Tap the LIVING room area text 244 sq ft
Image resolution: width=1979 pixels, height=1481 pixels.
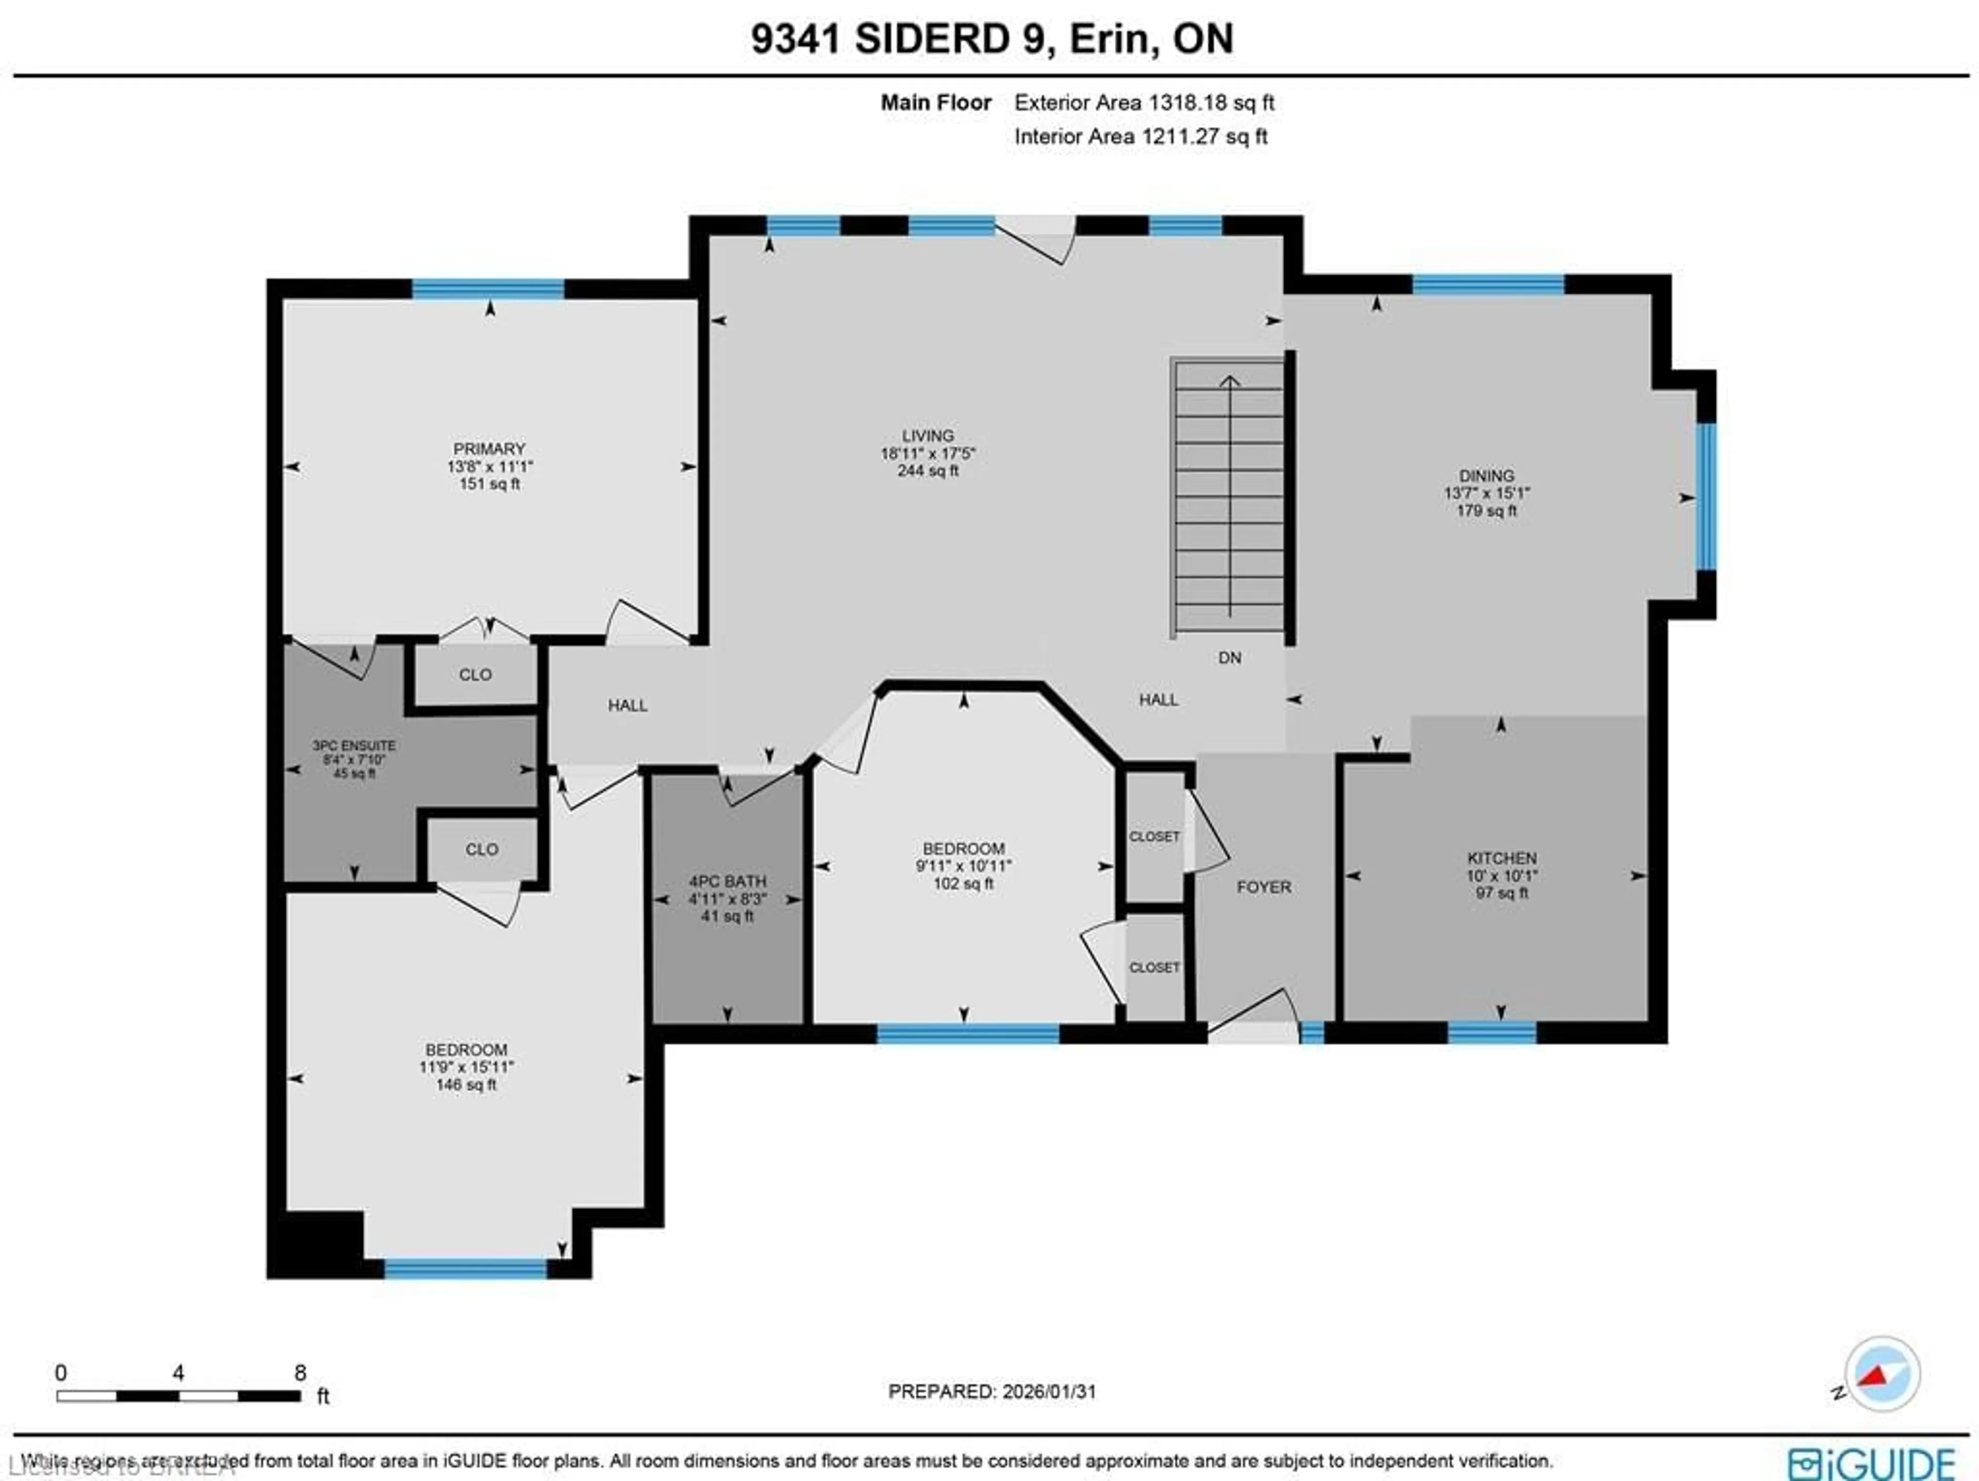pyautogui.click(x=928, y=471)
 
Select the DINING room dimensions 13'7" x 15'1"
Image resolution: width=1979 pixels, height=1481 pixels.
pyautogui.click(x=1486, y=493)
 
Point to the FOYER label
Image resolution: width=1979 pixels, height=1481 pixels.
pyautogui.click(x=1263, y=887)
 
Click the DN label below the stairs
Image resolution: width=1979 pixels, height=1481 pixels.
pyautogui.click(x=1229, y=658)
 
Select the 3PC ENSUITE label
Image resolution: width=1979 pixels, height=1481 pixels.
pyautogui.click(x=354, y=745)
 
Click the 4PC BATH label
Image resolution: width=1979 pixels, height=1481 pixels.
pyautogui.click(x=727, y=881)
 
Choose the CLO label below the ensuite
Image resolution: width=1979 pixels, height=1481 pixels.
pyautogui.click(x=481, y=849)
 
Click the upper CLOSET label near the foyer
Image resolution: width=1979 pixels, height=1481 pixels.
pyautogui.click(x=1154, y=837)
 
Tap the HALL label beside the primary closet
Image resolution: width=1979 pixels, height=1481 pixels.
pyautogui.click(x=627, y=705)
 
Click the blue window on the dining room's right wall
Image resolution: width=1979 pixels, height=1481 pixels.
pyautogui.click(x=1706, y=496)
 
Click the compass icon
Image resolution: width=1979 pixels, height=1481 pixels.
pyautogui.click(x=1882, y=1374)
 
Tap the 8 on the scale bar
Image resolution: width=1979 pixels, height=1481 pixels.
pyautogui.click(x=300, y=1373)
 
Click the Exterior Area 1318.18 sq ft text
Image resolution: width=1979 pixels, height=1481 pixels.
pyautogui.click(x=1144, y=103)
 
